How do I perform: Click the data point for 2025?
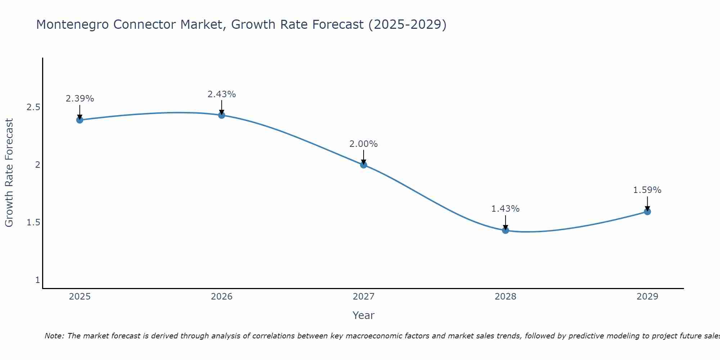click(x=80, y=120)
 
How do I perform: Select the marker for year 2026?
click(x=222, y=115)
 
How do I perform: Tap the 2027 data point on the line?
click(x=364, y=165)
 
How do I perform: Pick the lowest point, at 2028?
click(x=505, y=230)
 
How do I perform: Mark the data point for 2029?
click(x=647, y=212)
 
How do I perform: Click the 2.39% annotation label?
click(x=80, y=99)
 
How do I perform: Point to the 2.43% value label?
click(x=222, y=94)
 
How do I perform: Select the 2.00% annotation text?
click(x=364, y=144)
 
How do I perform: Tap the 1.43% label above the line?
click(x=505, y=209)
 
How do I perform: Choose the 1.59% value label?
click(x=647, y=190)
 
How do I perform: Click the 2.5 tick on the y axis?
click(x=33, y=107)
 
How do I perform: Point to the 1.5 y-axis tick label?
click(x=33, y=222)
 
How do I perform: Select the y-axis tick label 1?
click(x=37, y=280)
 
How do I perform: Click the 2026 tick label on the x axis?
click(x=222, y=297)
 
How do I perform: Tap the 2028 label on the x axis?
click(x=505, y=297)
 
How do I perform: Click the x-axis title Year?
click(x=364, y=315)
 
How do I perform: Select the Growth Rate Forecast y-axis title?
click(x=9, y=173)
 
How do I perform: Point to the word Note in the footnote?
click(x=54, y=336)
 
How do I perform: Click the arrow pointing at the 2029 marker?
click(x=647, y=203)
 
